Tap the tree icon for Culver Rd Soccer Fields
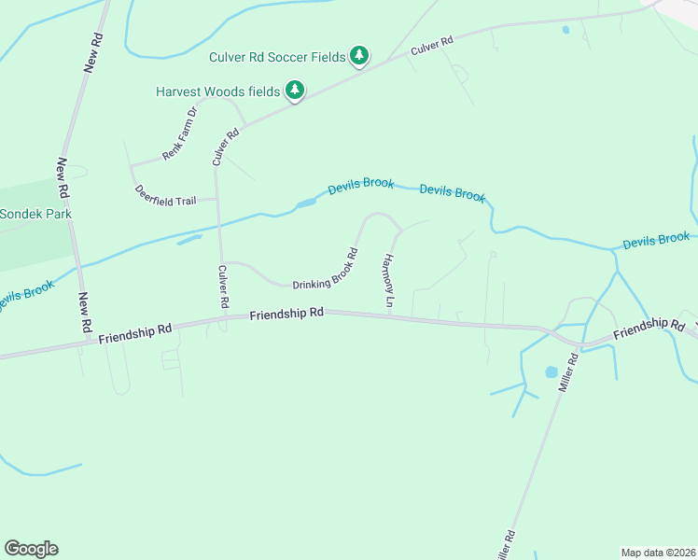point(359,57)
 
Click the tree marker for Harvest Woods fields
point(296,91)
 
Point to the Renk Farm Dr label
point(180,133)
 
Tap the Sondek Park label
point(36,214)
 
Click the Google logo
point(31,549)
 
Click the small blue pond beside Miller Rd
point(551,372)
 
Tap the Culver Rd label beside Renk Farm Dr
point(226,147)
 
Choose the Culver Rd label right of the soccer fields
point(432,48)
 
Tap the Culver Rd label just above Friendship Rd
point(223,287)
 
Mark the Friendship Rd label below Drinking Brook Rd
point(286,315)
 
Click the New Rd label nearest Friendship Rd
point(84,313)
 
